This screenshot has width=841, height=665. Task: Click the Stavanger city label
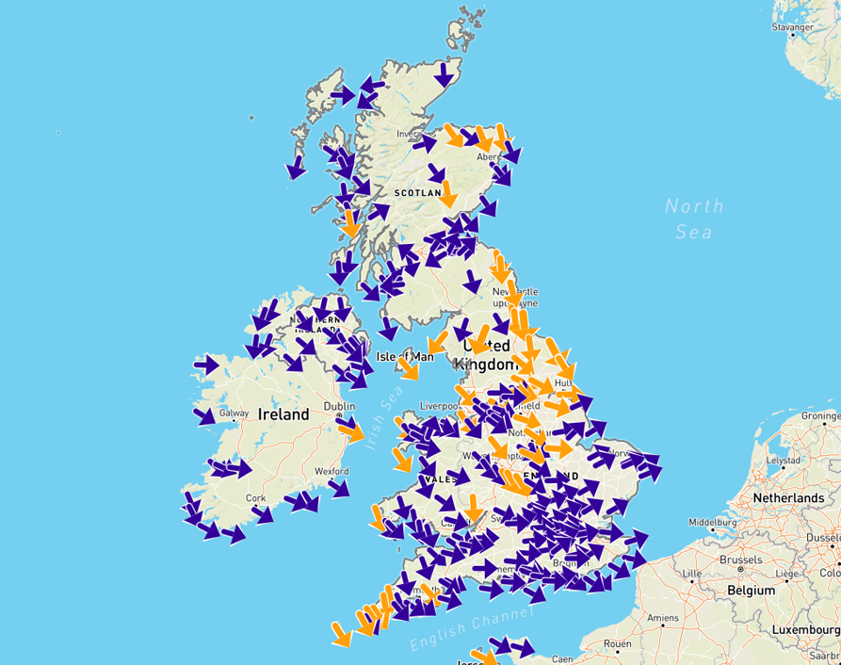[x=792, y=27]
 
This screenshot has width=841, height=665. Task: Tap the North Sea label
[x=694, y=219]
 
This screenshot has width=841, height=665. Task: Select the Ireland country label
[x=283, y=414]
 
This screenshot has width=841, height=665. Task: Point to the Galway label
[x=235, y=413]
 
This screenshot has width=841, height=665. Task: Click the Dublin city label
[x=338, y=406]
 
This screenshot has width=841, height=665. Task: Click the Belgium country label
[x=750, y=591]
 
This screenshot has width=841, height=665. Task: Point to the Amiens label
[x=663, y=618]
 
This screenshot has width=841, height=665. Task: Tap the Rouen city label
[x=618, y=644]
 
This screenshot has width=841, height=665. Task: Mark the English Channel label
[x=472, y=628]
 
